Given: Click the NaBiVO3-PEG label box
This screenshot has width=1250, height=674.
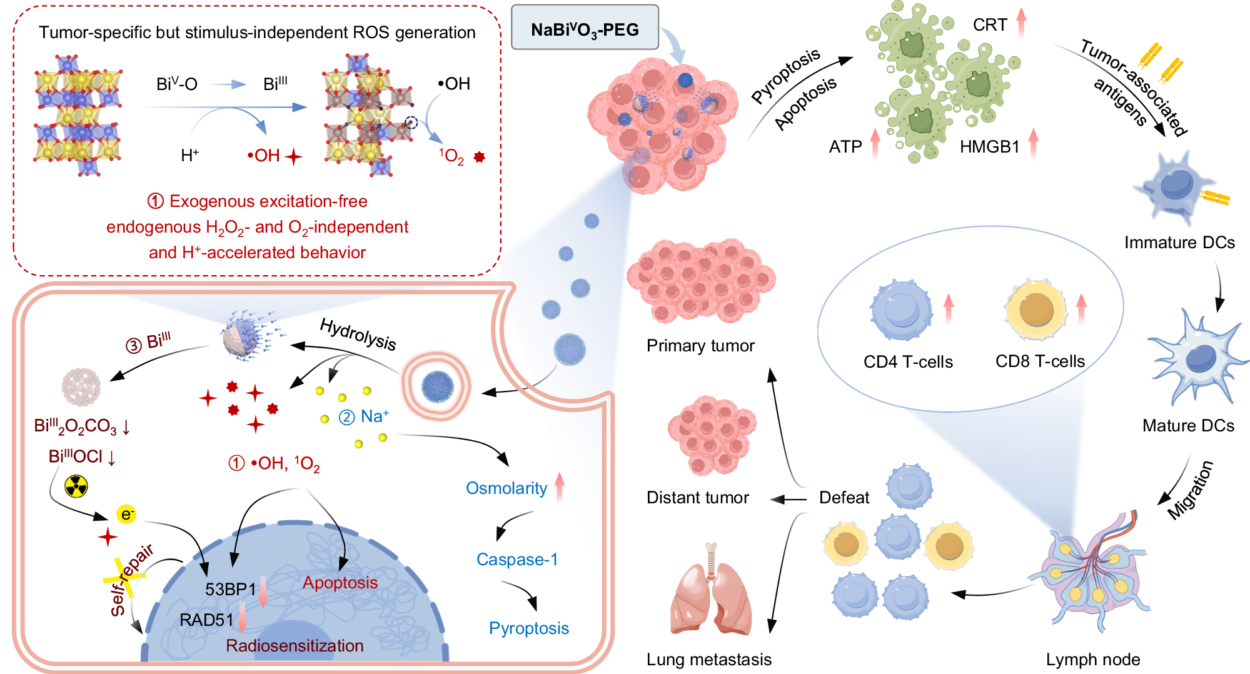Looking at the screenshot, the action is tap(585, 28).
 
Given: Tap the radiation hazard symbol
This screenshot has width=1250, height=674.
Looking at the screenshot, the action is tap(76, 486).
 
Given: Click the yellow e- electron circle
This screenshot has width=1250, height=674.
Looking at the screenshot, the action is tap(126, 514).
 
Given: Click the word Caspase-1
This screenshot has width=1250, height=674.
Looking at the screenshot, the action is tap(517, 559).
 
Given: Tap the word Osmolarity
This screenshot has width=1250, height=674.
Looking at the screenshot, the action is tap(507, 488).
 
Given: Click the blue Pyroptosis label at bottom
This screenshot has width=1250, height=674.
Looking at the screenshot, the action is tap(529, 628).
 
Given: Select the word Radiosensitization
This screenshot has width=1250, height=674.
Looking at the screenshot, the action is tap(295, 645).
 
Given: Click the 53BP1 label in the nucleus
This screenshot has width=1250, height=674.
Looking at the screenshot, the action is tap(230, 589).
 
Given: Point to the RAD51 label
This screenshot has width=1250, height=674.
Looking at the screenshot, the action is tap(206, 620).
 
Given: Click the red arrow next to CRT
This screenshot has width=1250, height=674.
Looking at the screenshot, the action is tap(1021, 23).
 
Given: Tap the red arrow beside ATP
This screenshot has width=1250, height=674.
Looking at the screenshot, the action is tap(875, 143).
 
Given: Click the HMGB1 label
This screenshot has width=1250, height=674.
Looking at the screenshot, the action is tap(989, 146).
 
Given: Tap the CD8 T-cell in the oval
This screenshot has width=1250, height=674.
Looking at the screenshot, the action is tap(1036, 309).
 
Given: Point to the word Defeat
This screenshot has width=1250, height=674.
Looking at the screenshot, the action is tap(844, 498).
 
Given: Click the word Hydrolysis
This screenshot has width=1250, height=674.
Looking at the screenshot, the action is tap(358, 334).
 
